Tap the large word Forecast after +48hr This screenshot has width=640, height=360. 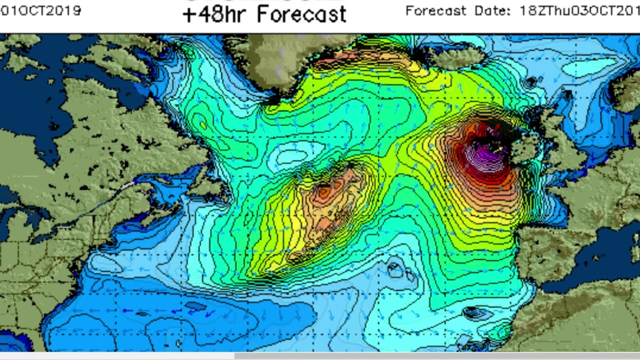coord(302,14)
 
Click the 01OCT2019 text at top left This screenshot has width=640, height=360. coord(40,10)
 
